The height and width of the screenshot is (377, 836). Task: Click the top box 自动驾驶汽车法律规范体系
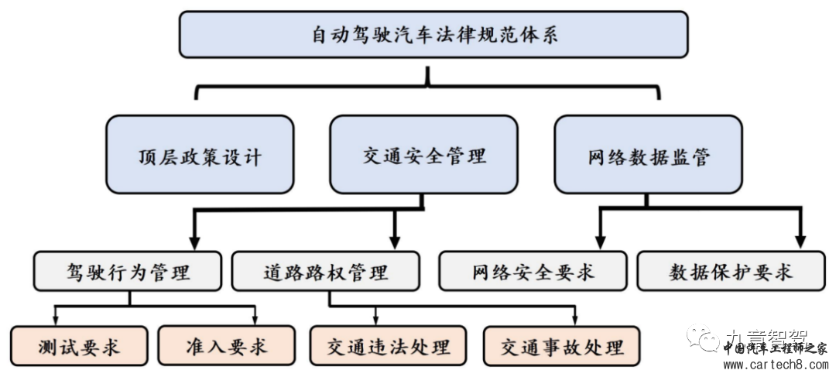(433, 35)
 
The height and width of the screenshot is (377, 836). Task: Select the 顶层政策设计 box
(200, 155)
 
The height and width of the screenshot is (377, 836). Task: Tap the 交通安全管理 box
(423, 155)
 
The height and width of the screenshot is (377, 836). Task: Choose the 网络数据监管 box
(649, 155)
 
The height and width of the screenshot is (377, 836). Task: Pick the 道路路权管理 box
(325, 272)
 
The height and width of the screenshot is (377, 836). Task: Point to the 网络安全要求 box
(533, 272)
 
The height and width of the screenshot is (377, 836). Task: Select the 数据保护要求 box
(731, 272)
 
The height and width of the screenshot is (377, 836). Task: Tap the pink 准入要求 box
(227, 345)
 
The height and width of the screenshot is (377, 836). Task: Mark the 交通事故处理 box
(562, 345)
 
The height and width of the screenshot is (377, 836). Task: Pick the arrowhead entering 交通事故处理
(574, 320)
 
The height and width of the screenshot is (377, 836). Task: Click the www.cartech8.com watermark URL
(774, 363)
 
